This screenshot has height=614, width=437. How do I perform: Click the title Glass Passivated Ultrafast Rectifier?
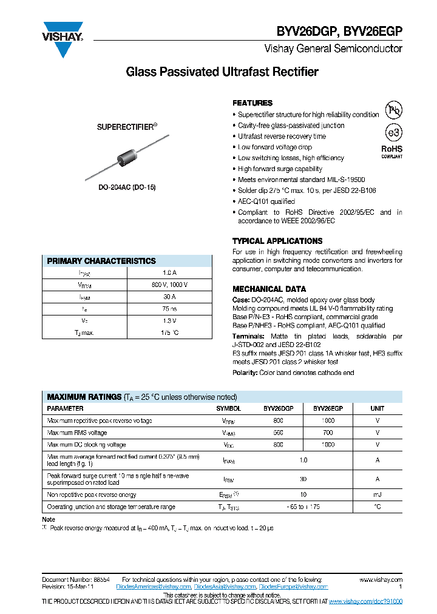pos(222,72)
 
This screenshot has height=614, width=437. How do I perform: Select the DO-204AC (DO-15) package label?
pos(127,187)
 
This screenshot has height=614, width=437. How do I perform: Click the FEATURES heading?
pos(252,103)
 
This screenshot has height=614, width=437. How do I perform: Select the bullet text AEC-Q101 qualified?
pos(266,201)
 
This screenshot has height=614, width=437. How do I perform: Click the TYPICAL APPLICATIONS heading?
pos(277,241)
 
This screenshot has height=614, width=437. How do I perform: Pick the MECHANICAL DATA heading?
pos(269,289)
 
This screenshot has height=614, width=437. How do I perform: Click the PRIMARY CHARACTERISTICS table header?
pos(101,261)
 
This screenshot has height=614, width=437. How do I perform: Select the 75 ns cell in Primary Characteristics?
pos(169,309)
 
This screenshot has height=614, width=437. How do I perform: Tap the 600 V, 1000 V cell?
pos(169,285)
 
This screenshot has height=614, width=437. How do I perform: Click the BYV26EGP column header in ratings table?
pos(328,409)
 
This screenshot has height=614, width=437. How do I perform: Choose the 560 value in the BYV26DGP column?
pos(278,433)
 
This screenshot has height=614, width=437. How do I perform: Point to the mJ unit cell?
pos(378,494)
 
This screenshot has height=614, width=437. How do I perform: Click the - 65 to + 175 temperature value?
pos(303,507)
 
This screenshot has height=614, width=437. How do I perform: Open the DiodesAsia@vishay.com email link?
pos(225,587)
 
